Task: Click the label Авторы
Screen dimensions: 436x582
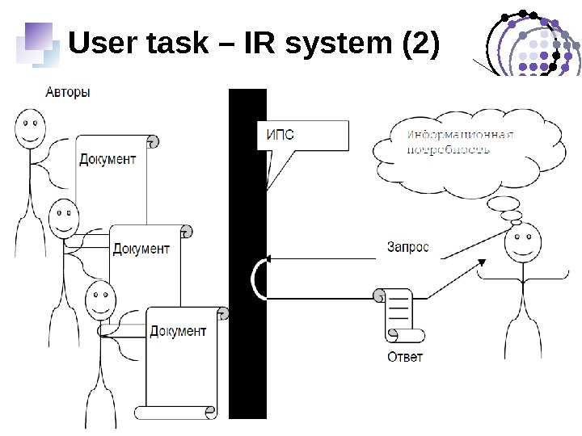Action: coord(67,92)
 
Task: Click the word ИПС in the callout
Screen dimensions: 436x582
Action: coord(280,134)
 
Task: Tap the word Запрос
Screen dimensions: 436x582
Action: coord(407,247)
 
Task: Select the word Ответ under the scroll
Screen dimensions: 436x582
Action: coord(404,357)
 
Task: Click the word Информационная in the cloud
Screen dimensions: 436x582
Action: coord(461,135)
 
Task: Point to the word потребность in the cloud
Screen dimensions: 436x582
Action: coord(448,149)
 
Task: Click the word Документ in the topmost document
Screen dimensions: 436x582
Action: coord(108,159)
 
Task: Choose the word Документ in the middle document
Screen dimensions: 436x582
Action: coord(141,249)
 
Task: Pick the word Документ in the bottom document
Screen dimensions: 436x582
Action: coord(178,330)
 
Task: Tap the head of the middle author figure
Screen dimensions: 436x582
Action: coord(64,216)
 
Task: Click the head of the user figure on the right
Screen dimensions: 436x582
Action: coord(523,243)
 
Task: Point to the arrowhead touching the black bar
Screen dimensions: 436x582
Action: coord(269,258)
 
